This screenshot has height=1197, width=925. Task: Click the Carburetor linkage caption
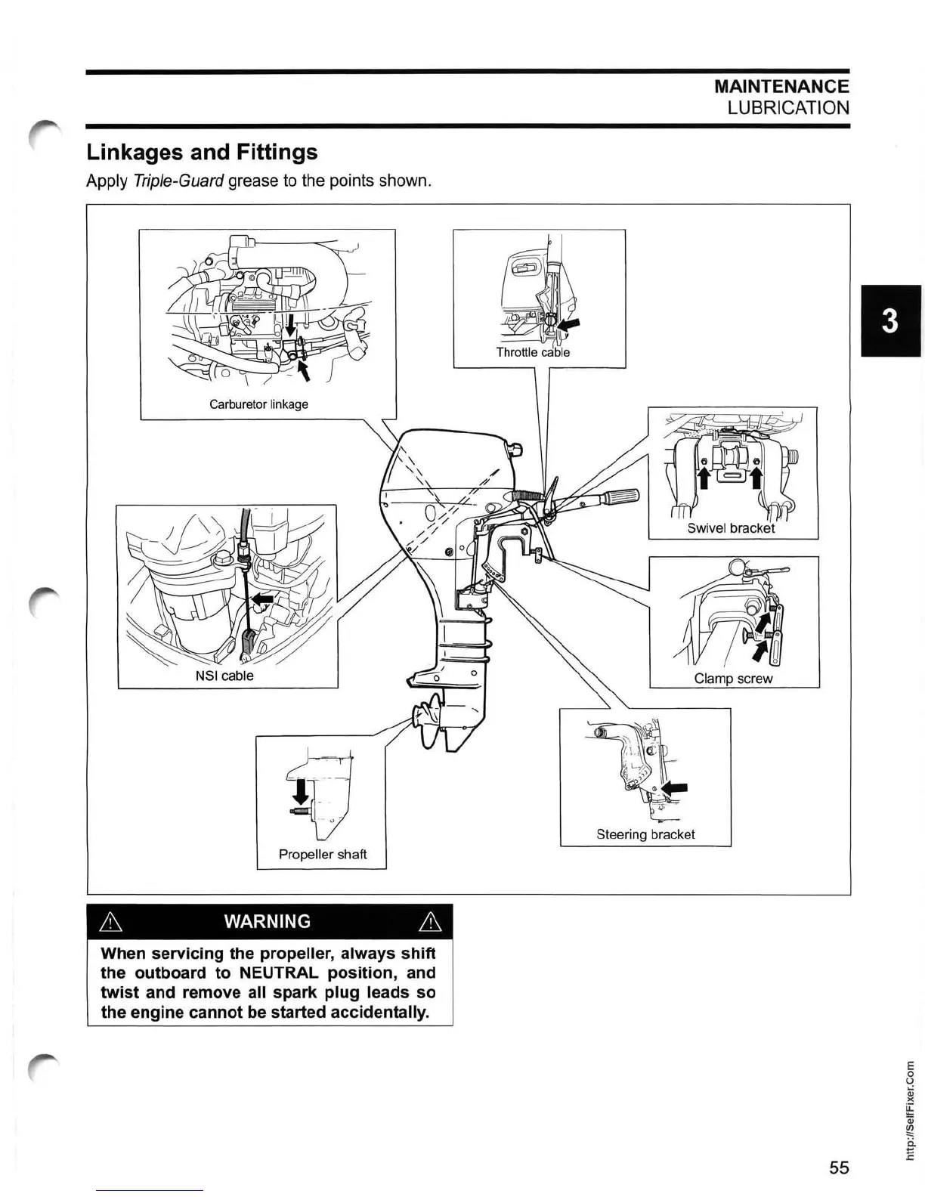coord(258,404)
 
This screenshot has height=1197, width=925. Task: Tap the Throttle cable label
coord(533,352)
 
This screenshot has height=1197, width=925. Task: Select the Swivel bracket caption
coord(731,528)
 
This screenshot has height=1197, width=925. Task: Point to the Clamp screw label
coord(733,679)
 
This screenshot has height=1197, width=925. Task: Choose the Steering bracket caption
coord(645,834)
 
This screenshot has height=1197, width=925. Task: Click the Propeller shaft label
coord(323,854)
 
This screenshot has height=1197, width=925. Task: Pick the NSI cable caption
coord(224,676)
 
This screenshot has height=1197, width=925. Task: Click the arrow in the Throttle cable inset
coord(571,323)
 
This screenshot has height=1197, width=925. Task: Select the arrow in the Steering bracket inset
coord(674,788)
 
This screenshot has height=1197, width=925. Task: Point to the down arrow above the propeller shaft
coord(301,791)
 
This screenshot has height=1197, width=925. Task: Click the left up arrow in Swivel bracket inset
coord(703,478)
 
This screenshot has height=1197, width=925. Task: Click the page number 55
coord(839,1168)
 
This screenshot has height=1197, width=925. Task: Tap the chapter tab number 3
coord(890,321)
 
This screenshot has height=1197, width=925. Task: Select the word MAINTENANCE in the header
coord(781,87)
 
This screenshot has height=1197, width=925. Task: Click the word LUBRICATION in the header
coord(788,107)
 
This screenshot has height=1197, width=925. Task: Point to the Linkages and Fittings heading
coord(202,153)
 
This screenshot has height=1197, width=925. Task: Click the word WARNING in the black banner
coord(268,921)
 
